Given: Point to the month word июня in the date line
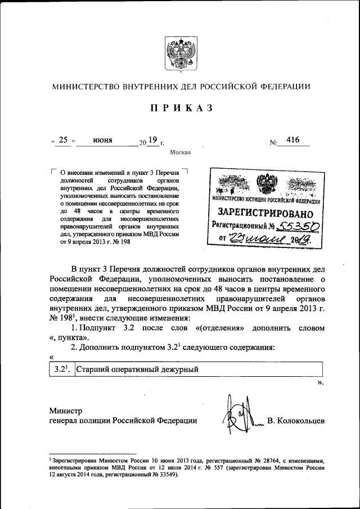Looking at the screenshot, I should (102, 140).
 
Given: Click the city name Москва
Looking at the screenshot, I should (180, 152).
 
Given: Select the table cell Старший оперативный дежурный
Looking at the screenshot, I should (138, 369).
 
